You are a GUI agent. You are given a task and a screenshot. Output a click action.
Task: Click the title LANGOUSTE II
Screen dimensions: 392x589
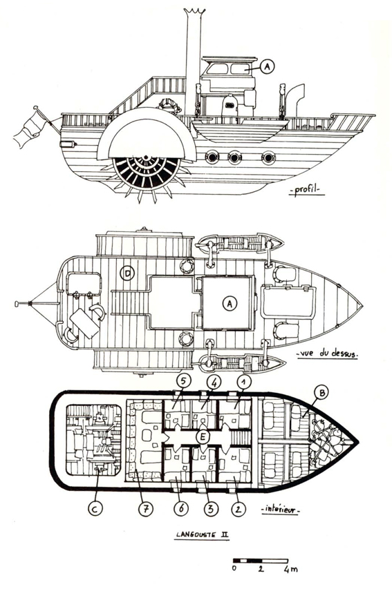tap(203, 535)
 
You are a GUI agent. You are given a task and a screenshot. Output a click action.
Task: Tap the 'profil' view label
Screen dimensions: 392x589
tap(306, 190)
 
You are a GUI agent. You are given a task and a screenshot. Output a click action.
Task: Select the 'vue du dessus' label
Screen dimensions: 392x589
tap(327, 354)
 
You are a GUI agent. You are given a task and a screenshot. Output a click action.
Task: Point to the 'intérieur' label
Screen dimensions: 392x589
tap(281, 510)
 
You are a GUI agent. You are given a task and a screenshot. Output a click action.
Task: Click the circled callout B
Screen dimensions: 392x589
tap(321, 393)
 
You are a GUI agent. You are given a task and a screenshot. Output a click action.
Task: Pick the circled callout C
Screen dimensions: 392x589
tap(95, 509)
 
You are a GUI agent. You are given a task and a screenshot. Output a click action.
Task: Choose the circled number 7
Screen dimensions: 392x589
tap(145, 509)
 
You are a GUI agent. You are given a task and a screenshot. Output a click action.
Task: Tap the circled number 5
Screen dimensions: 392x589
tap(184, 382)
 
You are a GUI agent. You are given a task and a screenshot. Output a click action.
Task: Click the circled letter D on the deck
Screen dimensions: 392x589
tap(127, 274)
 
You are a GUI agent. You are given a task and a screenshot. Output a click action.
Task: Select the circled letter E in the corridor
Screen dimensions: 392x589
tap(203, 437)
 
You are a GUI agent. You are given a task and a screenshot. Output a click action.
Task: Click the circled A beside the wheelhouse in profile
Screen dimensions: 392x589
tap(267, 66)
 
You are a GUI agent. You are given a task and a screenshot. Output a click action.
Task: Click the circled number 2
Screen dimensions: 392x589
tap(238, 509)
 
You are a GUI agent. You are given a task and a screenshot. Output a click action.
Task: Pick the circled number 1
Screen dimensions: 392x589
tap(244, 382)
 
